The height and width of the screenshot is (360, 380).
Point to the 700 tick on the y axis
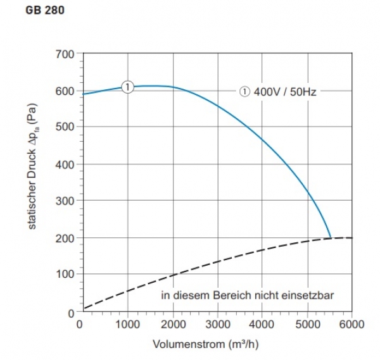tap(66, 53)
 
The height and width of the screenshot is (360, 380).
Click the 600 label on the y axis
tap(66, 90)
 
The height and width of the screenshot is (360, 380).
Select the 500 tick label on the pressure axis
tap(66, 127)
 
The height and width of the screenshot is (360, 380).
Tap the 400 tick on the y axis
tap(66, 164)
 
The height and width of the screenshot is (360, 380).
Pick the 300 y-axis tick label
tap(66, 201)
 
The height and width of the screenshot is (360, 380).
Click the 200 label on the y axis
tap(66, 238)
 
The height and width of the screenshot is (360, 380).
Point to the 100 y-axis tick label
tap(66, 275)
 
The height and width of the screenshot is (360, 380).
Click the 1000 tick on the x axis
tap(127, 324)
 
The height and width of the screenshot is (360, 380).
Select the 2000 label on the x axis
tap(172, 324)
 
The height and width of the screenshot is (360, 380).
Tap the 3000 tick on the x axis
tap(217, 324)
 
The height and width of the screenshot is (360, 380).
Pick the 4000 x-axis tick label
tap(262, 324)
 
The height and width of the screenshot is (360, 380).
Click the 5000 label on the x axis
tap(307, 324)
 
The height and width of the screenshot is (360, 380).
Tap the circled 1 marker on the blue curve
tap(127, 87)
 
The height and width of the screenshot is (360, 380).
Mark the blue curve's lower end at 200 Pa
tap(331, 237)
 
